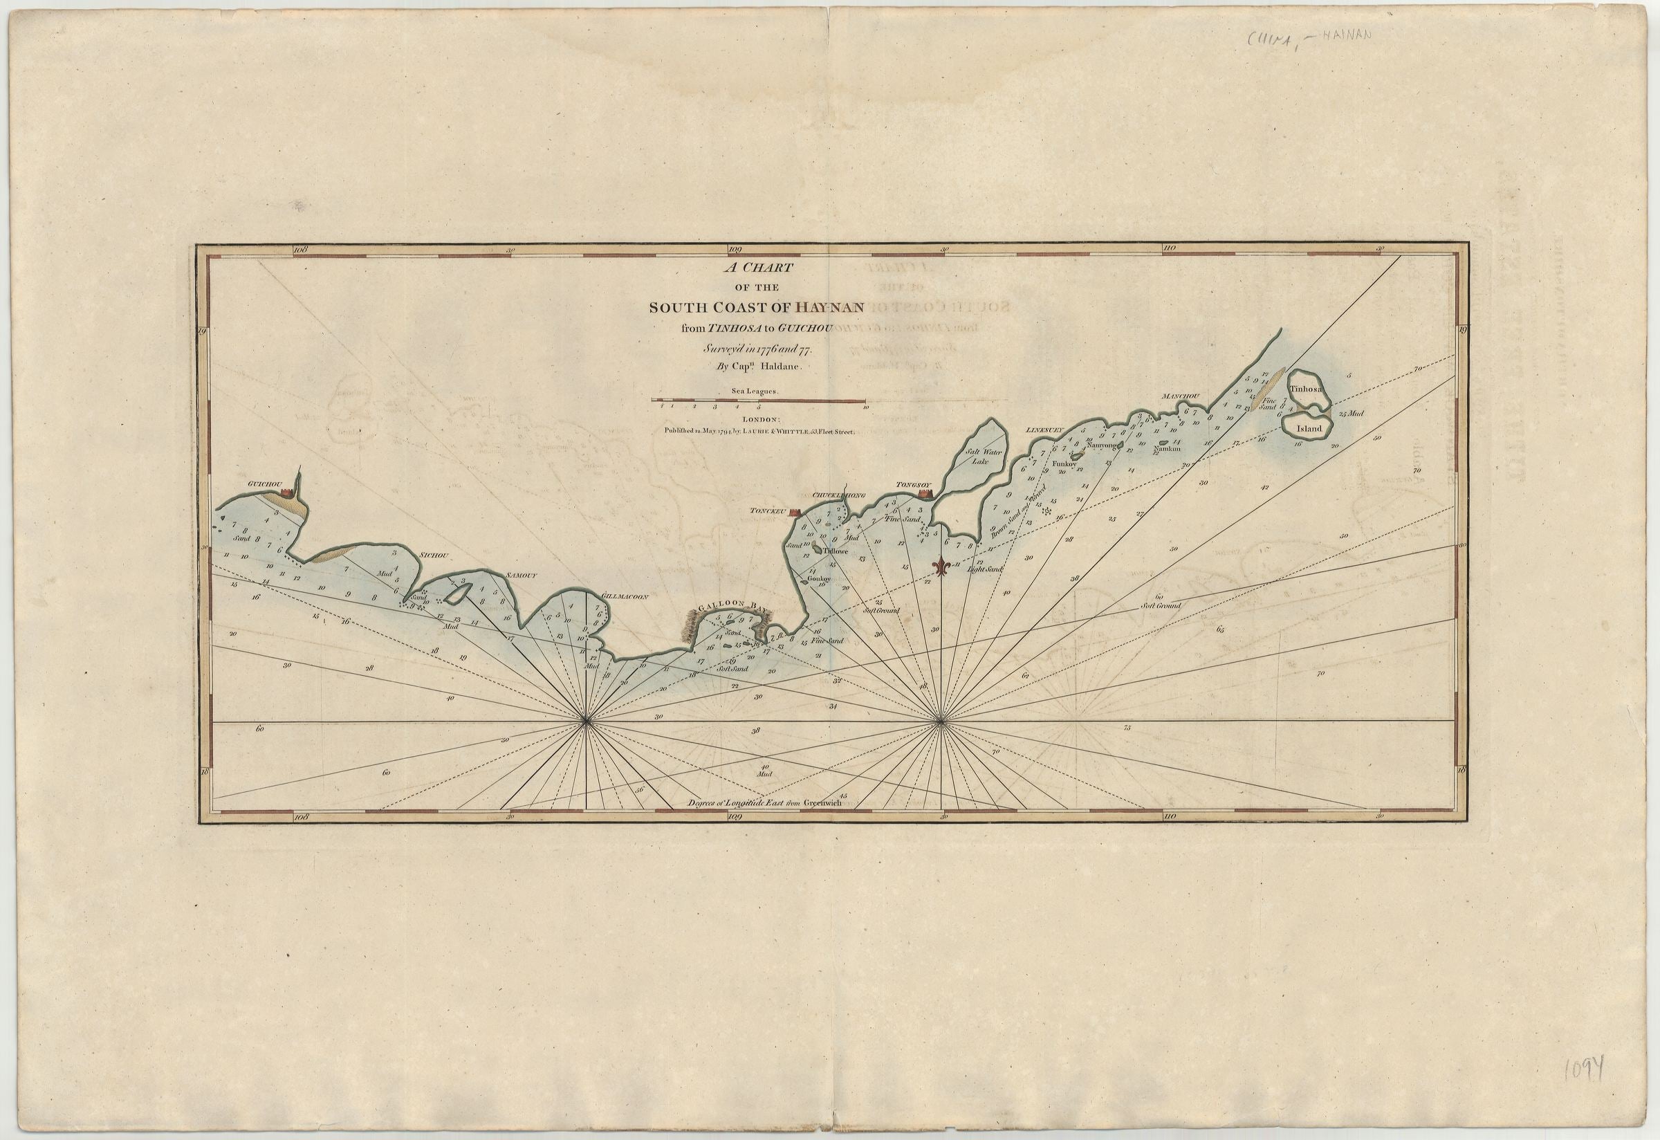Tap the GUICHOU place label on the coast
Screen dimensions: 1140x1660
tap(262, 484)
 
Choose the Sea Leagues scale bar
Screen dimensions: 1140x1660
tap(758, 401)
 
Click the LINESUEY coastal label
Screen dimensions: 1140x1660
tap(1045, 430)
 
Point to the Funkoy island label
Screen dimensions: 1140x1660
tap(1064, 463)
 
